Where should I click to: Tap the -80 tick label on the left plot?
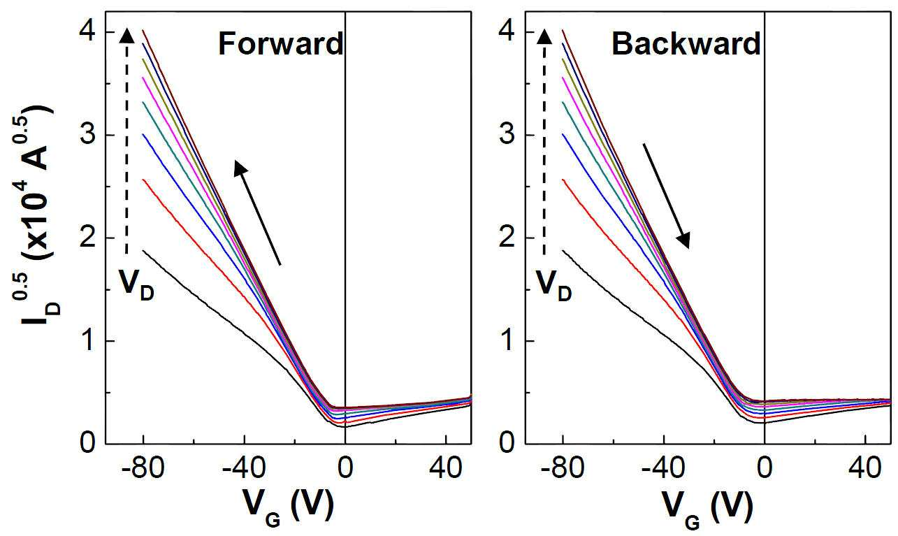point(143,468)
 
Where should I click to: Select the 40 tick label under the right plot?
point(866,468)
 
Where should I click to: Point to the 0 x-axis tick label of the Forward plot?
point(345,468)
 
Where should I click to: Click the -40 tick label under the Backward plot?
point(663,468)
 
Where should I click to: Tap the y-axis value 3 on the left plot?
point(88,135)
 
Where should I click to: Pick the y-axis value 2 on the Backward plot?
point(507,238)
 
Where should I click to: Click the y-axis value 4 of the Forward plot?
point(88,32)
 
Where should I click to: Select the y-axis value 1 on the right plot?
point(508,341)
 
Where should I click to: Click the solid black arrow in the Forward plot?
point(257,212)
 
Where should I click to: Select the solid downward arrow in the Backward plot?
point(666,196)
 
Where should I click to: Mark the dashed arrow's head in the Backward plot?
point(544,36)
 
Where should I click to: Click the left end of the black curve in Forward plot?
point(143,251)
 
